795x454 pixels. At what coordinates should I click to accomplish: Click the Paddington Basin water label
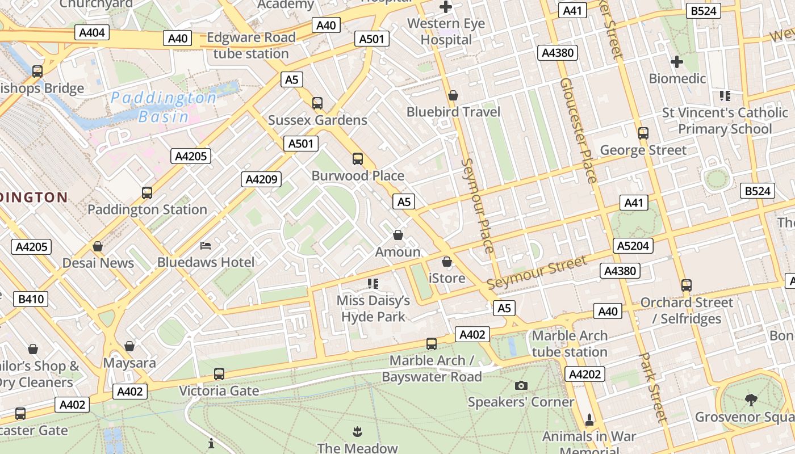(x=164, y=107)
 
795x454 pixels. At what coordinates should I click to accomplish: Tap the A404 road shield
(x=92, y=32)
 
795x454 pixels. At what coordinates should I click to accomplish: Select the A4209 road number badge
(x=261, y=180)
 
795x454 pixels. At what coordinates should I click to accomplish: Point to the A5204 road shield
(x=633, y=246)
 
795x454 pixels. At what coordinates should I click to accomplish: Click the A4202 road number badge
(x=585, y=374)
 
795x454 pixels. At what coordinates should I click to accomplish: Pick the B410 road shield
(x=31, y=299)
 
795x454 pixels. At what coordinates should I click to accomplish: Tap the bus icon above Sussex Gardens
(x=317, y=103)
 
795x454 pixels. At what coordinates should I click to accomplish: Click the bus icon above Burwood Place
(x=358, y=159)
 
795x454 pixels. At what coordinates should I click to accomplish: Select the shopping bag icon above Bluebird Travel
(x=453, y=95)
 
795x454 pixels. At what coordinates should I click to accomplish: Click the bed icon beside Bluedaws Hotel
(x=206, y=246)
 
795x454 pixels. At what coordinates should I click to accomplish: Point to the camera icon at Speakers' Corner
(x=521, y=386)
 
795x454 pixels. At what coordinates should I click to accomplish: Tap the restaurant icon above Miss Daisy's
(x=373, y=283)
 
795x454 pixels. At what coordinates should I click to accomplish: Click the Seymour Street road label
(x=537, y=273)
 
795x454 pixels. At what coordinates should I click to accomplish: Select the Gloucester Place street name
(x=578, y=130)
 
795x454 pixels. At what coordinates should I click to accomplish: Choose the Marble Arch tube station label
(x=570, y=344)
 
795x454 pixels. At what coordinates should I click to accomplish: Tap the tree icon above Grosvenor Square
(x=751, y=400)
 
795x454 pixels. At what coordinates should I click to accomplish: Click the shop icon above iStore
(x=447, y=262)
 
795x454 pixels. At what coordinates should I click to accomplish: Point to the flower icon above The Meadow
(x=357, y=431)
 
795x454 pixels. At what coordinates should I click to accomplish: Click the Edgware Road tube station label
(x=251, y=45)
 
